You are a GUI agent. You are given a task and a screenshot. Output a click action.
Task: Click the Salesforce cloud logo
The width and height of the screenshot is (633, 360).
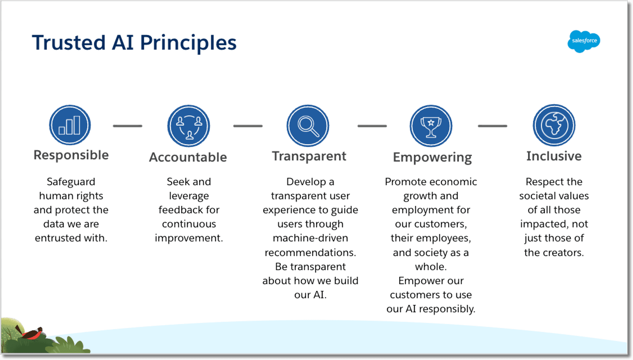click(x=584, y=41)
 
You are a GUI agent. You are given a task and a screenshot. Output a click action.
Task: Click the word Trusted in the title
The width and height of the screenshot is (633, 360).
click(x=69, y=43)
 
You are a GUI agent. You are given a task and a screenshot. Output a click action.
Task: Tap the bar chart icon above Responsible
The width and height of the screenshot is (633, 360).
click(x=70, y=125)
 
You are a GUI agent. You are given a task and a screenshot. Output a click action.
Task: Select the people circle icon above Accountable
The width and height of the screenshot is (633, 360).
click(x=189, y=126)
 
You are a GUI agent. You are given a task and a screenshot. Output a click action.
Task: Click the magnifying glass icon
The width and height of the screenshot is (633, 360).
click(x=308, y=126)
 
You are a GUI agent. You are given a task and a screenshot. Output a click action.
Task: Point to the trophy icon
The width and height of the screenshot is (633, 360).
click(x=431, y=126)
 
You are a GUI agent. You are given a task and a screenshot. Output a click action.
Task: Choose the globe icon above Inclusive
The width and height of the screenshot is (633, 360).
click(x=554, y=125)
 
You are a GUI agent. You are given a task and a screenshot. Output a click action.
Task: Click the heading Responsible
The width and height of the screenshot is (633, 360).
click(x=71, y=155)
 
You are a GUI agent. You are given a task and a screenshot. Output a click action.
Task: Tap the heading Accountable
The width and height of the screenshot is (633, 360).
click(x=188, y=157)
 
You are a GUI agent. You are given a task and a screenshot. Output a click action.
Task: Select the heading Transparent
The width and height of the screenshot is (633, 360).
click(x=309, y=156)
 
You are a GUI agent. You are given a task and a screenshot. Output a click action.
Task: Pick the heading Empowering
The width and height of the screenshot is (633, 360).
click(x=432, y=157)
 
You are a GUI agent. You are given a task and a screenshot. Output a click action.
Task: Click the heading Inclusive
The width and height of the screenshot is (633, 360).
click(x=554, y=156)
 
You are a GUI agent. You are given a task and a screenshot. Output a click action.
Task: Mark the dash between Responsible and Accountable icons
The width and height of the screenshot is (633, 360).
click(x=128, y=126)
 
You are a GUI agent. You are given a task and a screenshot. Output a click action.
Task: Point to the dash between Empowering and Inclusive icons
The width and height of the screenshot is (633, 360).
click(x=492, y=126)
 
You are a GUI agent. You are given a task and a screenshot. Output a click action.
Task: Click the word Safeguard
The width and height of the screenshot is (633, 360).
click(x=71, y=182)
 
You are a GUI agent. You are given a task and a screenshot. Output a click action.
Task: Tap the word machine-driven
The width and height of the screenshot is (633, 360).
click(x=310, y=238)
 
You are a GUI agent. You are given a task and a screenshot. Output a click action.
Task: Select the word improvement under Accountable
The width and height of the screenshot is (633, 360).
click(x=189, y=238)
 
